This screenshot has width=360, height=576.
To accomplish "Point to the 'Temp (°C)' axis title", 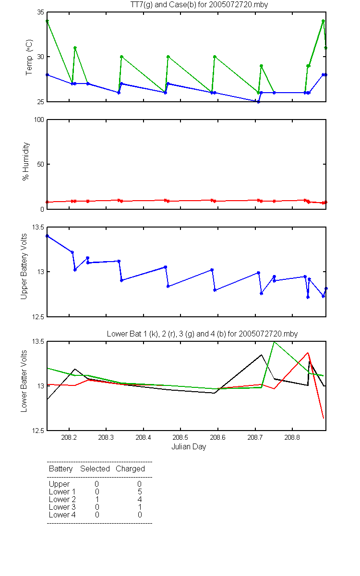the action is pyautogui.click(x=29, y=57).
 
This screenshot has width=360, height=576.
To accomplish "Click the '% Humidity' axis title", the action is pyautogui.click(x=26, y=161).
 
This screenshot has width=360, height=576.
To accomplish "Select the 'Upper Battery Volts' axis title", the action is pyautogui.click(x=24, y=266).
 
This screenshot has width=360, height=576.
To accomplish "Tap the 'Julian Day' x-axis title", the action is pyautogui.click(x=189, y=447).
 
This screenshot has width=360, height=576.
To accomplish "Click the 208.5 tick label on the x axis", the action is pyautogui.click(x=180, y=437).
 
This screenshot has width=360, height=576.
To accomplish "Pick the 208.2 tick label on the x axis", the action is pyautogui.click(x=69, y=437).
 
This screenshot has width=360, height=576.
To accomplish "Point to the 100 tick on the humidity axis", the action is pyautogui.click(x=39, y=120).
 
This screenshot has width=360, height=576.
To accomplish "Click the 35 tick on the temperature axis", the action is pyautogui.click(x=41, y=12).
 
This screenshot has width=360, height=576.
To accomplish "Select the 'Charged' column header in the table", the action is pyautogui.click(x=130, y=469).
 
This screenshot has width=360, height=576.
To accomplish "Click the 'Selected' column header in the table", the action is pyautogui.click(x=95, y=468).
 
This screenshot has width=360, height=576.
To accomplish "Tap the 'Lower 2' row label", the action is pyautogui.click(x=62, y=499).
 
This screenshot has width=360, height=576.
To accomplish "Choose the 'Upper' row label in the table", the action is pyautogui.click(x=59, y=484).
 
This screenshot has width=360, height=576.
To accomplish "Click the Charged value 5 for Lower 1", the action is pyautogui.click(x=140, y=492).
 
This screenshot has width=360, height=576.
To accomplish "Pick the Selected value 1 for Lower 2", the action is pyautogui.click(x=97, y=499).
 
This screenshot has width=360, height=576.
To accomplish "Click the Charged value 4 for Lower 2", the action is pyautogui.click(x=140, y=499).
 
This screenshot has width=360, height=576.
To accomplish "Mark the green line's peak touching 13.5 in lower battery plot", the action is pyautogui.click(x=275, y=342).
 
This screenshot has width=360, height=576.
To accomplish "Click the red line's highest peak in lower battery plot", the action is pyautogui.click(x=308, y=353).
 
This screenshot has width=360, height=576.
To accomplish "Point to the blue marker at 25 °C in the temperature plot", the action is pyautogui.click(x=258, y=102).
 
